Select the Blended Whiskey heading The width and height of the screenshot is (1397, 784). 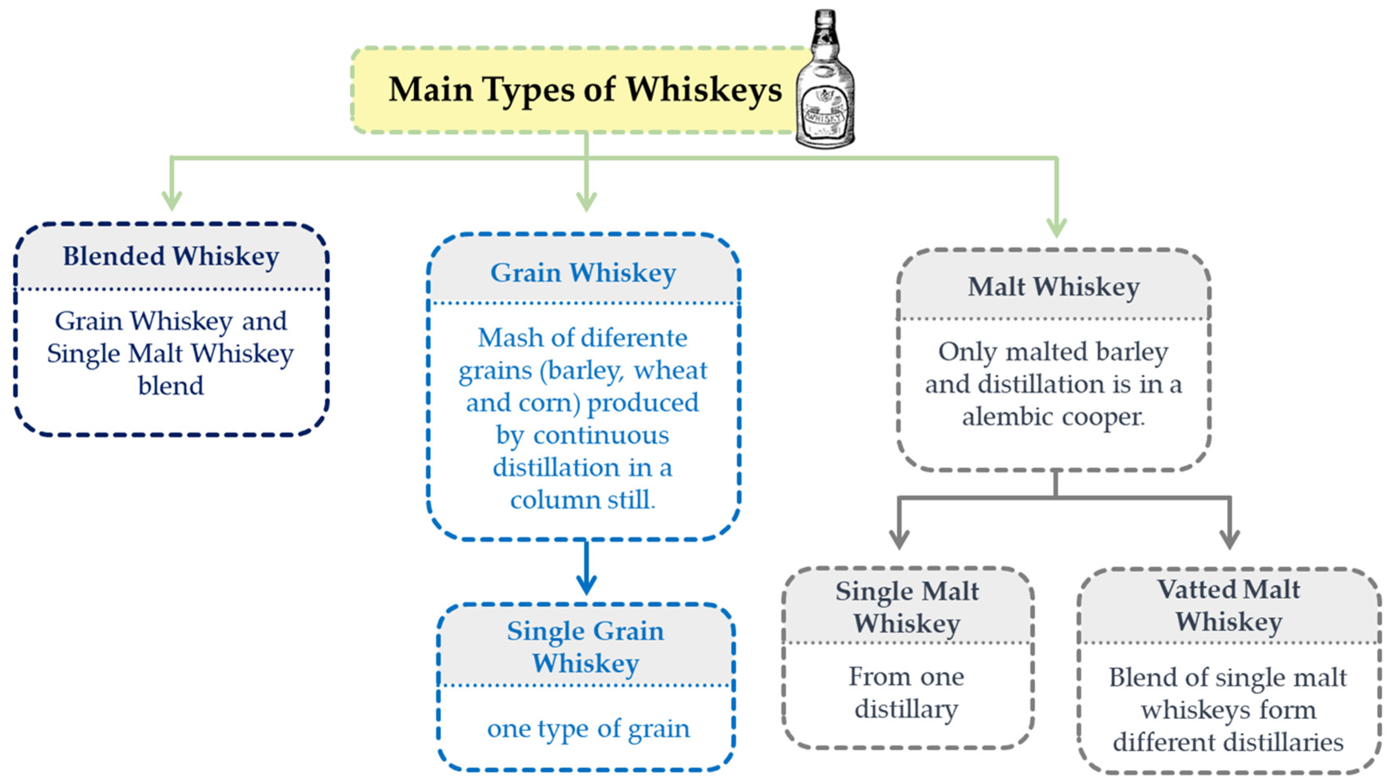[171, 256]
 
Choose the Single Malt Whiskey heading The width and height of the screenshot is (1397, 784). [907, 606]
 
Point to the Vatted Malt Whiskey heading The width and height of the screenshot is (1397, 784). [1228, 605]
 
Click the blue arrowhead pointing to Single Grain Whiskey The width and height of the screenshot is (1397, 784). [586, 586]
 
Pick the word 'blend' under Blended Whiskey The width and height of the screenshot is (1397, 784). [171, 386]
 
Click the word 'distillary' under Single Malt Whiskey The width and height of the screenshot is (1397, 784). [906, 709]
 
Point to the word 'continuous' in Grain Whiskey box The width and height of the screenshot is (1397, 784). [601, 435]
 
